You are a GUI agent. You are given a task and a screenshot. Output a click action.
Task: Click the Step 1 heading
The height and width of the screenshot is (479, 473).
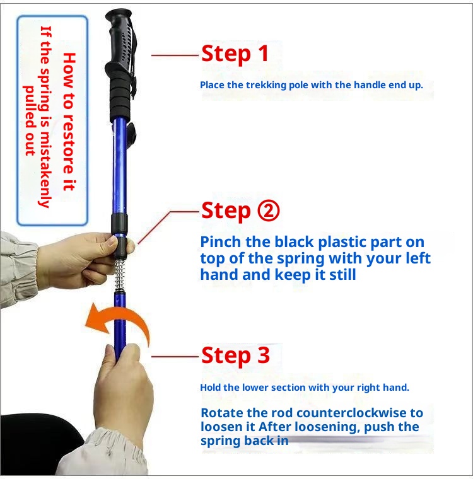[x=235, y=54]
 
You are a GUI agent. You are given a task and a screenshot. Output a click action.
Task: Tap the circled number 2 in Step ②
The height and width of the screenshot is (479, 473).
[x=267, y=210]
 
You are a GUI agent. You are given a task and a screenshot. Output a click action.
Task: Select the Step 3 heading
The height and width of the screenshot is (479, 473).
[x=235, y=355]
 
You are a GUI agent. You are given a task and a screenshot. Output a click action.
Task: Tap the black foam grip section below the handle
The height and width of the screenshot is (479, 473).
[x=121, y=98]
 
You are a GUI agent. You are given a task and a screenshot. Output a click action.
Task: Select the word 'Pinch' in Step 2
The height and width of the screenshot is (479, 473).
[x=218, y=242]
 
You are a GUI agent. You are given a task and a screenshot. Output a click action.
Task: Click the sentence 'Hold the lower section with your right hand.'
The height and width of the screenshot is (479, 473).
[x=305, y=388]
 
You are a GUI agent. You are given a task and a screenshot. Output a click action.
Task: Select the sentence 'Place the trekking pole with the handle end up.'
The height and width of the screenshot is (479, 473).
[x=312, y=84]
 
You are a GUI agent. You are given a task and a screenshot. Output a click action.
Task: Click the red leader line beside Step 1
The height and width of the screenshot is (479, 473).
[x=175, y=55]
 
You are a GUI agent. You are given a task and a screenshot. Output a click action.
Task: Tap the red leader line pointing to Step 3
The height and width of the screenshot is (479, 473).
[x=175, y=357]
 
